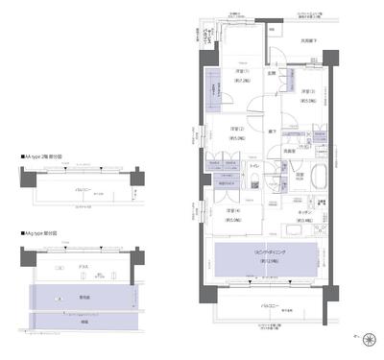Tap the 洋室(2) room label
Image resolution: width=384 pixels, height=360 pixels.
coord(238,131)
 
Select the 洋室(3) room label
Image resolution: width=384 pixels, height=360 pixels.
coord(307,92)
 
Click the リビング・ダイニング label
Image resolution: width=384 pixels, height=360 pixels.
coord(263,257)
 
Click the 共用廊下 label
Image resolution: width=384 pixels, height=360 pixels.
coord(308,41)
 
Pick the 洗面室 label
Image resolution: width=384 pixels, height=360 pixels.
coord(288,149)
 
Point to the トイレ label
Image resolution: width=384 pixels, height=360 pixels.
coord(253,166)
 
